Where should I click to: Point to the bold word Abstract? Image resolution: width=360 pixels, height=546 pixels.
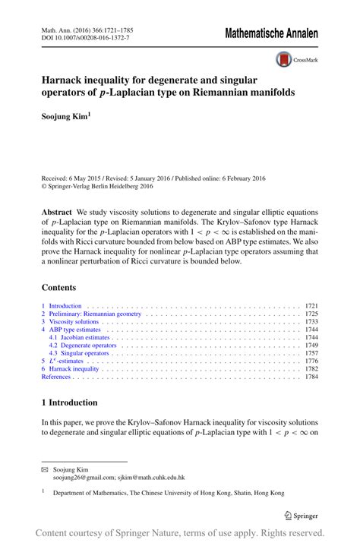[x=57, y=213]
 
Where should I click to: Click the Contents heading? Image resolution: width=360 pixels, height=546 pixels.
[x=59, y=288]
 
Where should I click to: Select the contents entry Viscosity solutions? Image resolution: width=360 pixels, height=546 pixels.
[x=73, y=322]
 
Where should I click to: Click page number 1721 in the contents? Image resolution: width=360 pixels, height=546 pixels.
[x=311, y=306]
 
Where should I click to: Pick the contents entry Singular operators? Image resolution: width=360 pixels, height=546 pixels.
[x=81, y=353]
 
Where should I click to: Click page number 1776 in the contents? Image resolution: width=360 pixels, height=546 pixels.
[x=311, y=361]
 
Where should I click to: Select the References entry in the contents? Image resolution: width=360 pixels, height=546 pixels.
[x=55, y=377]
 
